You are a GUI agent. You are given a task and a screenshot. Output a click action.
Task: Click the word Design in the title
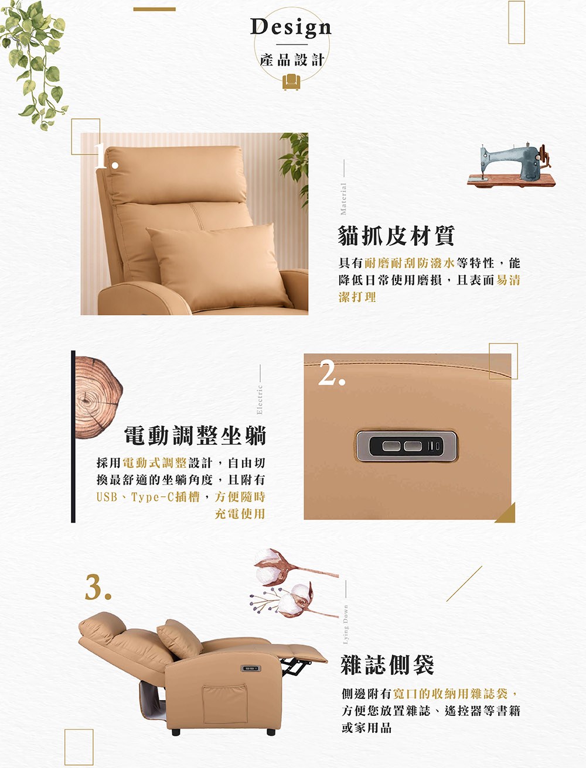point(291,28)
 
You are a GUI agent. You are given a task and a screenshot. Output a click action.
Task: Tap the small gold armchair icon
point(291,81)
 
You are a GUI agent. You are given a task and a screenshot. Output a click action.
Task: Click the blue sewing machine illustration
point(511,165)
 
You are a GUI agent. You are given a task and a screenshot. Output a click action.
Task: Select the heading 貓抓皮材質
point(396,235)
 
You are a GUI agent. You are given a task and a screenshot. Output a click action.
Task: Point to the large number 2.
point(332,373)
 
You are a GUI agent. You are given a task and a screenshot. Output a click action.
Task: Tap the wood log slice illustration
point(98,398)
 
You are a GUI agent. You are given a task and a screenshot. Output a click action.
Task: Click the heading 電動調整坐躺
point(195,436)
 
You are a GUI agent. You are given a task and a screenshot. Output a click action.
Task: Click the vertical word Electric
point(260,400)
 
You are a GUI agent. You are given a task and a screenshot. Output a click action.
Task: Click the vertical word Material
point(343,199)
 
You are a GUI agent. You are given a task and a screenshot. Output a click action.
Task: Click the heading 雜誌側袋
point(387,664)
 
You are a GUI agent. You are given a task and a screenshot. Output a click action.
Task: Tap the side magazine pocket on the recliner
point(225,703)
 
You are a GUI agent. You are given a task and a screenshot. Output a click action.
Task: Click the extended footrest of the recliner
point(298,652)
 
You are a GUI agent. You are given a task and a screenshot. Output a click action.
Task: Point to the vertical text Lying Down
point(345,625)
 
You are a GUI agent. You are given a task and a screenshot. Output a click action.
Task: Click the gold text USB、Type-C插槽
point(148,496)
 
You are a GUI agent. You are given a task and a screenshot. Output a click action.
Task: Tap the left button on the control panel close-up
point(391,446)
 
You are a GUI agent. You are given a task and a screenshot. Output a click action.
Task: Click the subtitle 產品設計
point(292,60)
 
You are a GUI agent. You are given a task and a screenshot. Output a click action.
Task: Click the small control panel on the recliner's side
point(251,668)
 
